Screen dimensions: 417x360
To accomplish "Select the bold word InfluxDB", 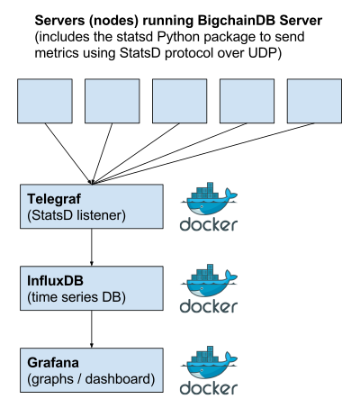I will click(58, 282).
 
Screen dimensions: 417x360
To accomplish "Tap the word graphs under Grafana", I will click(53, 379).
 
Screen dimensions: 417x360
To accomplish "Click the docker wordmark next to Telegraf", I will click(209, 224).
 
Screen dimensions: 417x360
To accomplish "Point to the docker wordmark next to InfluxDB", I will click(209, 306).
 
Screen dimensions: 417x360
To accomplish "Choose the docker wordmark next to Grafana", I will click(209, 388).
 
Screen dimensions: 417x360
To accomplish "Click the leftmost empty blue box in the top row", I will click(45, 101).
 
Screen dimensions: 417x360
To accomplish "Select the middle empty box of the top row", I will click(180, 101).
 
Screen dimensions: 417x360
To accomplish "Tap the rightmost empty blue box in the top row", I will click(314, 101).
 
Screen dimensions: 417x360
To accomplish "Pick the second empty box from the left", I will click(112, 101).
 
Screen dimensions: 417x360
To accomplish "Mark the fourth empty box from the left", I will click(247, 101).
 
